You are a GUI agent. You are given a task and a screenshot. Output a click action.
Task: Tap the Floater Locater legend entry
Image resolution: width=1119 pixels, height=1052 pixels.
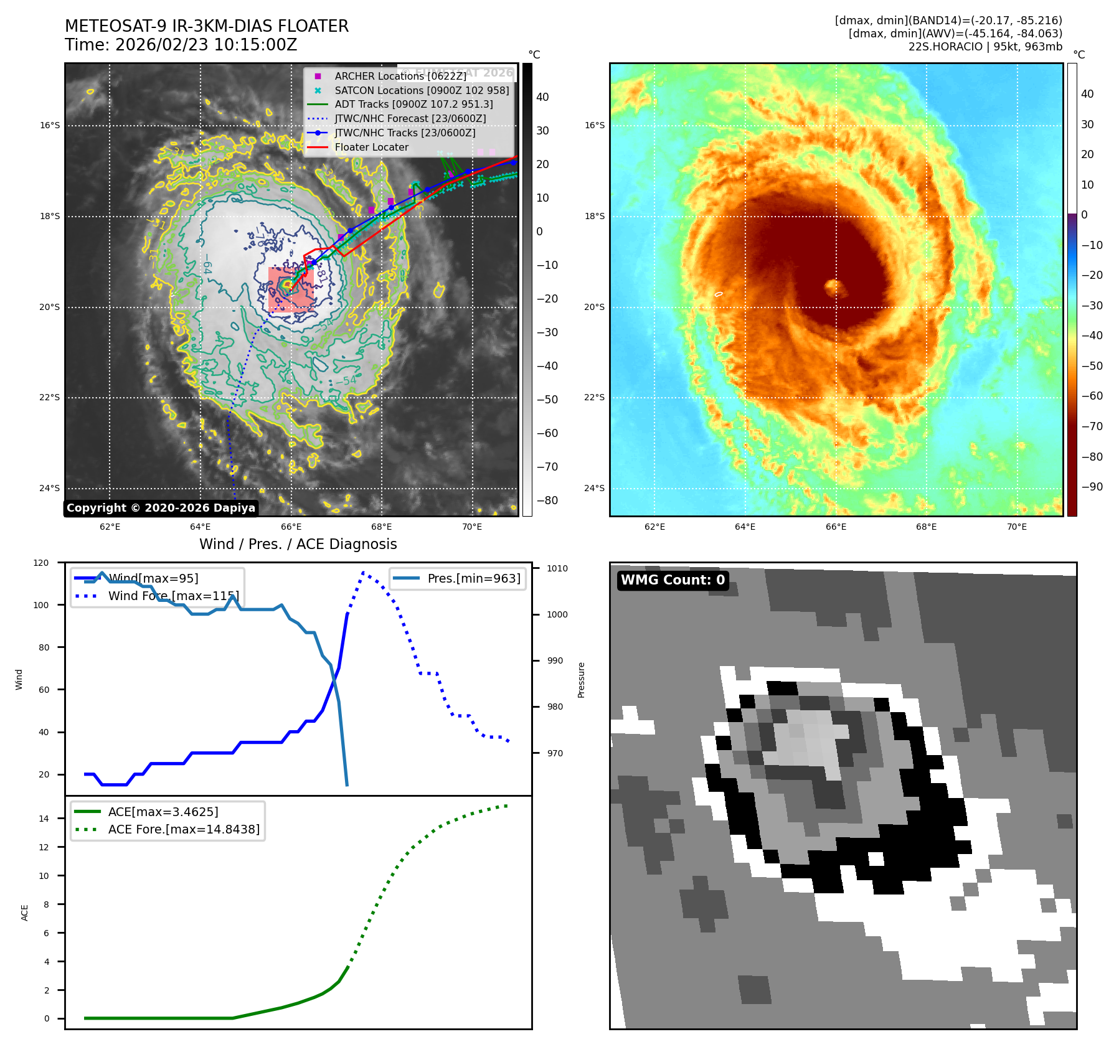(371, 148)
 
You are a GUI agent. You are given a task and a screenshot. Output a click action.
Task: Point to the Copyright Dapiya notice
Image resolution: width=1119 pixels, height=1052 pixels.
(161, 508)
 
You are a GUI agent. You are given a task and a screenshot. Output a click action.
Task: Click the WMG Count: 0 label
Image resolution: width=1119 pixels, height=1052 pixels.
(673, 580)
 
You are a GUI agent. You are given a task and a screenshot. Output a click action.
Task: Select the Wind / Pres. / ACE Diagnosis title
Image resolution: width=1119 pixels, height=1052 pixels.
(298, 544)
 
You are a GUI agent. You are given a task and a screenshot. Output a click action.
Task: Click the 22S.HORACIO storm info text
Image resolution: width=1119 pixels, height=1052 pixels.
(985, 47)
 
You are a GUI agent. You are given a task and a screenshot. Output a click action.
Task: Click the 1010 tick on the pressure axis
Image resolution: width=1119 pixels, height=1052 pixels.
(557, 568)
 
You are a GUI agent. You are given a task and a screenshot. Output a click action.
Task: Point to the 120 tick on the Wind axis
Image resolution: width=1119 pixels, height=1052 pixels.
(41, 563)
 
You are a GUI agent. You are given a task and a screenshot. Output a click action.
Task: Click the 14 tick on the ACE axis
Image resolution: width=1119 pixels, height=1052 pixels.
(44, 819)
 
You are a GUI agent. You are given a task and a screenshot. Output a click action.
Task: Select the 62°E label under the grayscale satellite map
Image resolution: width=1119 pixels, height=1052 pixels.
(110, 527)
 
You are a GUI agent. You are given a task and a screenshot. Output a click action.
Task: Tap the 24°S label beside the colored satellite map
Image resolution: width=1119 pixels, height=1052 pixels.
(594, 488)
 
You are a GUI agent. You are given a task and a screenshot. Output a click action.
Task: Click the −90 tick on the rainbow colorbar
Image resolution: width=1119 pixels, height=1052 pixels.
(1092, 487)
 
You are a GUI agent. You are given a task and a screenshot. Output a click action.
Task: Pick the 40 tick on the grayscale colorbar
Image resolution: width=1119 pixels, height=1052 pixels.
(542, 97)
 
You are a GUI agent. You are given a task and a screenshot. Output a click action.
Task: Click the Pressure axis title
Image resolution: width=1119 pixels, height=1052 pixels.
(581, 680)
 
